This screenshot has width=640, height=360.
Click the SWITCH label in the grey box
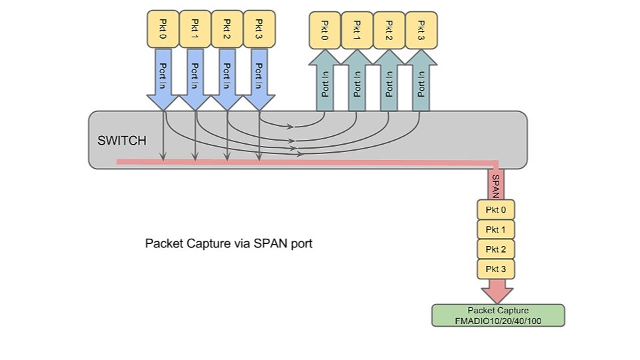coord(122,141)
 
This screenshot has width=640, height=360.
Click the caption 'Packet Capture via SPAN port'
coord(229,243)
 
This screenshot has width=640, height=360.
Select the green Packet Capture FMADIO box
coord(498,315)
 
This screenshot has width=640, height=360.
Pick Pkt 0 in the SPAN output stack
coord(496,211)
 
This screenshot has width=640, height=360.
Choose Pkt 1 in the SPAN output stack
coord(496,230)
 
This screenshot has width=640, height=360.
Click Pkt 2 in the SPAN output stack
coord(496,249)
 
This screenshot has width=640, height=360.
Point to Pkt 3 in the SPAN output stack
coord(496,269)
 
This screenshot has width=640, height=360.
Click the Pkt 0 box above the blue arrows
coord(162,29)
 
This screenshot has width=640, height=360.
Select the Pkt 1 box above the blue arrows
coord(195,29)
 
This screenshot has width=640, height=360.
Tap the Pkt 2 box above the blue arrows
coord(227,29)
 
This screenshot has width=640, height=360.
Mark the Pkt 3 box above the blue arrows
coord(259,29)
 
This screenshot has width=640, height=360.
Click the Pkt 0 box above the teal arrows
coord(325,30)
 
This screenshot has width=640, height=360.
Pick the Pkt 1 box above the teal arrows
coord(357,30)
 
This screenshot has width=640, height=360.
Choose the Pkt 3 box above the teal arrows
coord(421,30)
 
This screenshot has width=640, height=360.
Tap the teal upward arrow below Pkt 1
coord(357,83)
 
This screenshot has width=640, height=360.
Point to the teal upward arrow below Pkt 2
coord(389,83)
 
